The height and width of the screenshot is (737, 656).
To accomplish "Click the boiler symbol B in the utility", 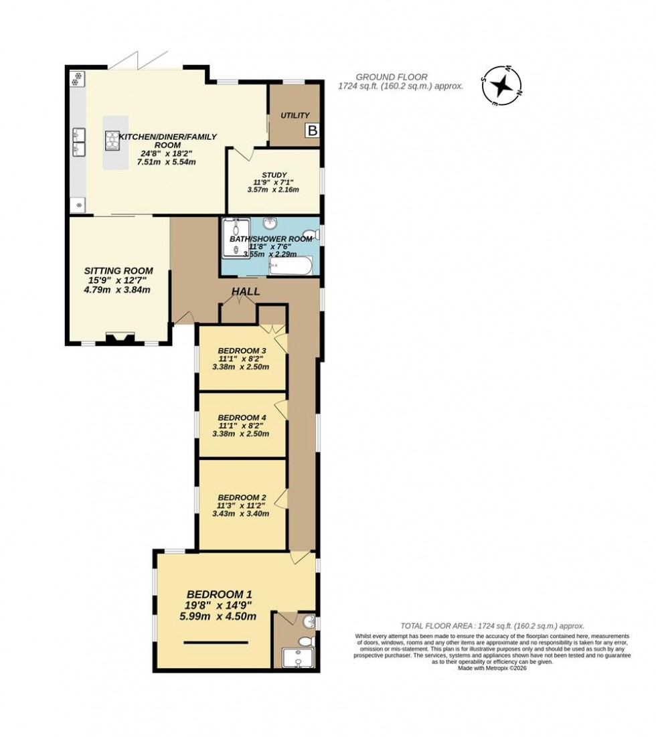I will click(x=311, y=131).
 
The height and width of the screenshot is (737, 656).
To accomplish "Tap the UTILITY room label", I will click(x=295, y=116).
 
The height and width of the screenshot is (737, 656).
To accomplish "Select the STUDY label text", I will click(x=274, y=175).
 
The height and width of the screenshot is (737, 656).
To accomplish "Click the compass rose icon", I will click(x=501, y=85).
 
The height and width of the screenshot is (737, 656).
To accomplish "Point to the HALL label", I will click(x=246, y=292).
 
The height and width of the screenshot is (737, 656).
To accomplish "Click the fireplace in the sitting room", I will click(x=120, y=338).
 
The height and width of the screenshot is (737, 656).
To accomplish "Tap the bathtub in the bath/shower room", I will click(x=290, y=267).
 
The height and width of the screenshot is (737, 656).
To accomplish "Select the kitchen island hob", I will click(x=112, y=140).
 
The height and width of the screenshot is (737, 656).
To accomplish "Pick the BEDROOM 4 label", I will click(x=242, y=417).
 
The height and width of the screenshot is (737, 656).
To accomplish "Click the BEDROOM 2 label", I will click(x=242, y=497).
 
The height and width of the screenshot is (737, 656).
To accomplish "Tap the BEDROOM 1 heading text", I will click(x=219, y=594).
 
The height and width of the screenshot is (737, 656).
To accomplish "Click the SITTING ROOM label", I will click(x=118, y=270).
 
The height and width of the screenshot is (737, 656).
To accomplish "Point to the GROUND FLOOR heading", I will click(x=392, y=77).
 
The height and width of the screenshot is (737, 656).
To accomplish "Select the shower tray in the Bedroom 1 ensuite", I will click(x=293, y=659).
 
